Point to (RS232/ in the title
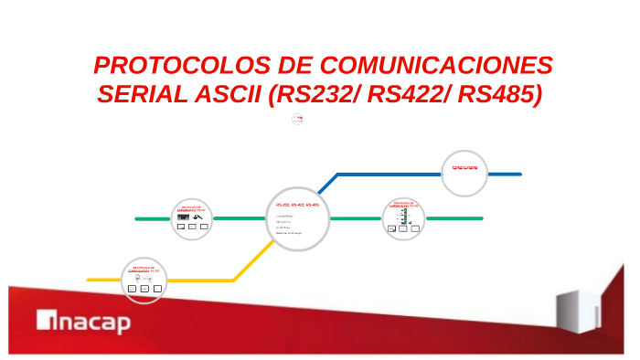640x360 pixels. [x=315, y=94]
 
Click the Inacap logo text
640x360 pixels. [x=83, y=322]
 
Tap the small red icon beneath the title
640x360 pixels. [x=297, y=119]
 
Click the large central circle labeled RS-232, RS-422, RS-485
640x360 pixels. [x=297, y=219]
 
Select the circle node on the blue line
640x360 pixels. [x=465, y=171]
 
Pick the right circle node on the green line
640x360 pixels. [x=404, y=218]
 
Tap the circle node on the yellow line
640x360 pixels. [x=144, y=279]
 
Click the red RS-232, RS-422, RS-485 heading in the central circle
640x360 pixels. [x=298, y=206]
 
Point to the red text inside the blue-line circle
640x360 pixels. [x=465, y=168]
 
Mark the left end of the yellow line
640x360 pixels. [x=89, y=280]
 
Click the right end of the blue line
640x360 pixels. [x=519, y=173]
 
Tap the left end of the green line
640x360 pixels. [x=137, y=219]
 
